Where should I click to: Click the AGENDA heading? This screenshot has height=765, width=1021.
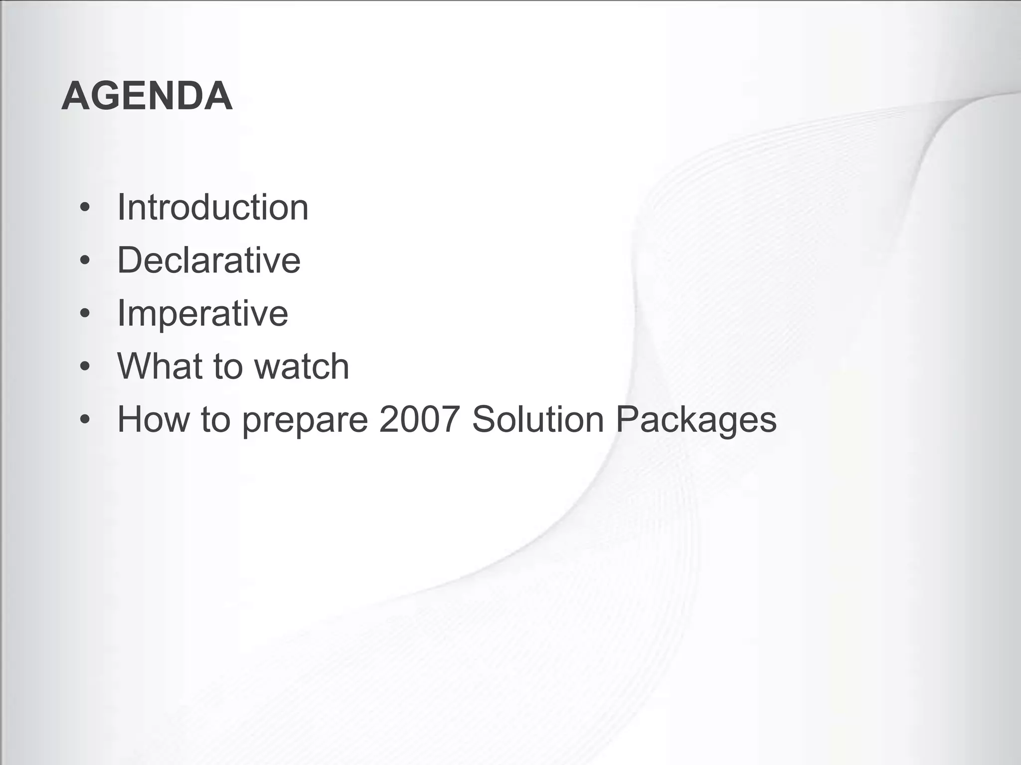(147, 96)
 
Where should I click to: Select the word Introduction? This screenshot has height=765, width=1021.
(212, 207)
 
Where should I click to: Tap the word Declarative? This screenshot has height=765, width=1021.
(208, 260)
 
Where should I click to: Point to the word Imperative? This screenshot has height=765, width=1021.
(202, 313)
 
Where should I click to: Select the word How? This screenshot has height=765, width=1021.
(153, 419)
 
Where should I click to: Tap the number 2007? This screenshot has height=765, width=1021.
(419, 419)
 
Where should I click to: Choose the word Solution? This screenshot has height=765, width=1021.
(538, 419)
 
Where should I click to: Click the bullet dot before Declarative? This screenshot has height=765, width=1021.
(85, 260)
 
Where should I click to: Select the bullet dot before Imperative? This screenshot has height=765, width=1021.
(85, 313)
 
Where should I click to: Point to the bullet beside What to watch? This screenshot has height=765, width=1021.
(85, 366)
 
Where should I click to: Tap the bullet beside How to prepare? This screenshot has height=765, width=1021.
(85, 419)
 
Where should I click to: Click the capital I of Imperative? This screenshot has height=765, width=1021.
(121, 313)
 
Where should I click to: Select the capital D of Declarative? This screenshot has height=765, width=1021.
(130, 260)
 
